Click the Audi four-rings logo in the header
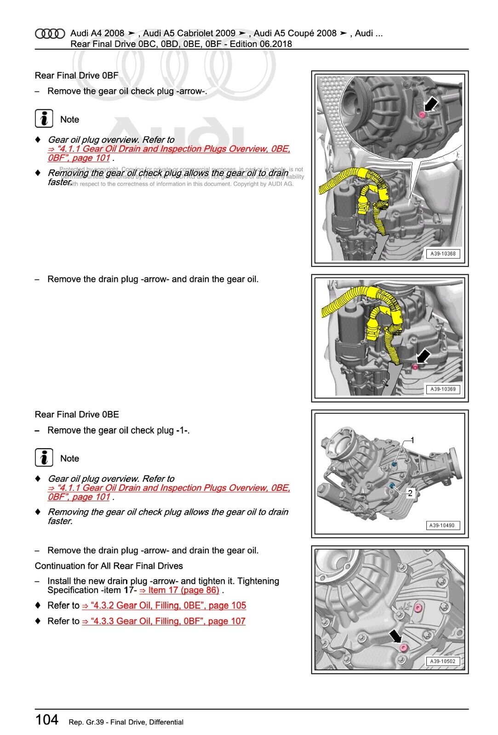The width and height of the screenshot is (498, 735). click(x=50, y=34)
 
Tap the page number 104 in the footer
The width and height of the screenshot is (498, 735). click(x=47, y=719)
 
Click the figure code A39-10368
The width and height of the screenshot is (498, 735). click(x=443, y=254)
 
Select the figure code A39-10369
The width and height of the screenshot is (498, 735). click(x=443, y=389)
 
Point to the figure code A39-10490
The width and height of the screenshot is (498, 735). click(x=441, y=525)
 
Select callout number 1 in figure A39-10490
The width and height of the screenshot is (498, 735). click(x=412, y=440)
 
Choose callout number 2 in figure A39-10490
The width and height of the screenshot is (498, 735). click(x=410, y=493)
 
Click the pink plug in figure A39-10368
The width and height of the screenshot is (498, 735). click(x=422, y=114)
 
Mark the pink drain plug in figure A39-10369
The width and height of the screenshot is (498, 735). click(x=414, y=366)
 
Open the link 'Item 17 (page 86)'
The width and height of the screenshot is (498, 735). click(x=179, y=590)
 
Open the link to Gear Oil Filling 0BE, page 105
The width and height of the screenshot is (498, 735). click(x=164, y=605)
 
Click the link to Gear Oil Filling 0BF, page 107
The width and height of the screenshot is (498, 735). click(x=164, y=621)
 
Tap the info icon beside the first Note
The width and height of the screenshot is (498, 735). click(x=44, y=119)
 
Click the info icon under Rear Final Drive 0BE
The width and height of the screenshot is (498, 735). click(x=44, y=458)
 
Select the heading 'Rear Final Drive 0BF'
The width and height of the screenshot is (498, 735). click(x=76, y=75)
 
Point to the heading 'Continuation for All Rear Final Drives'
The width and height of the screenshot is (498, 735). click(x=109, y=566)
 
